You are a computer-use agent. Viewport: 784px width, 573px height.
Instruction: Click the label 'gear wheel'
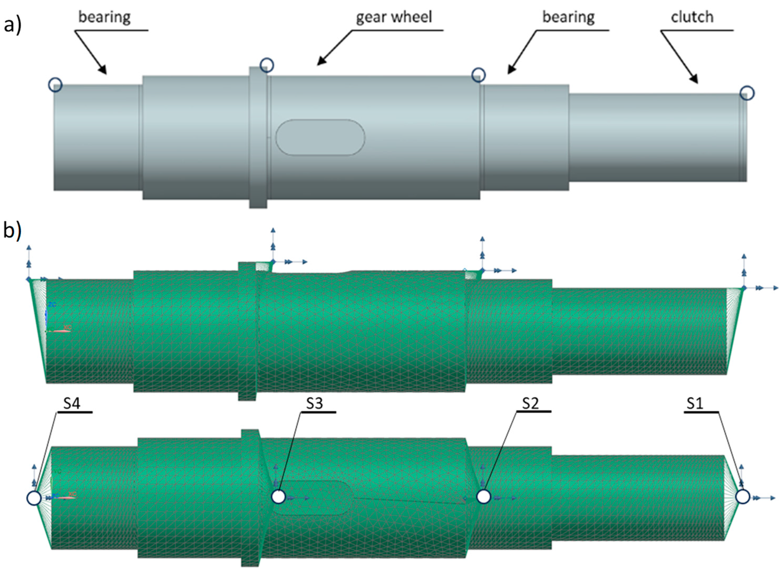(394, 17)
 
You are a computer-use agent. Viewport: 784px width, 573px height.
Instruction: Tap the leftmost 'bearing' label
(104, 17)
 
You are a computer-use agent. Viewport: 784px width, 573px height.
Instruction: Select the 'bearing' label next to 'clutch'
(568, 17)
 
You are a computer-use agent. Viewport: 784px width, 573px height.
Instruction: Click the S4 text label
(72, 403)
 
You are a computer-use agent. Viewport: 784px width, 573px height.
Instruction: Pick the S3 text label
(314, 403)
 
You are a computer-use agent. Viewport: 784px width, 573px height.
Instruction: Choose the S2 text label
(530, 403)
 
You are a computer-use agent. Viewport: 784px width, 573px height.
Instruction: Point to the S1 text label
(695, 403)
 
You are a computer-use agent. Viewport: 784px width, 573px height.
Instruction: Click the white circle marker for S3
(278, 497)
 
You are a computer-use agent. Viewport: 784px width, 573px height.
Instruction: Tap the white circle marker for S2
(484, 497)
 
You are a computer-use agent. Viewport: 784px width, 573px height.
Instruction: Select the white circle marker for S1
(743, 497)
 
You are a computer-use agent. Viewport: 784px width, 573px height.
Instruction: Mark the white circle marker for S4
(34, 498)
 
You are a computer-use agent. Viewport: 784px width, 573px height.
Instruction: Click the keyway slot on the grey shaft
(320, 137)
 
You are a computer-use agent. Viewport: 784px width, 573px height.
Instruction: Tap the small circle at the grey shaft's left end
(55, 85)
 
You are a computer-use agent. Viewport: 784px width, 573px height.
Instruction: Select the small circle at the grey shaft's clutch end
(747, 93)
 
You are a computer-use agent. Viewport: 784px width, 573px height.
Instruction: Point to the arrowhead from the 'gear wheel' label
(321, 62)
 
